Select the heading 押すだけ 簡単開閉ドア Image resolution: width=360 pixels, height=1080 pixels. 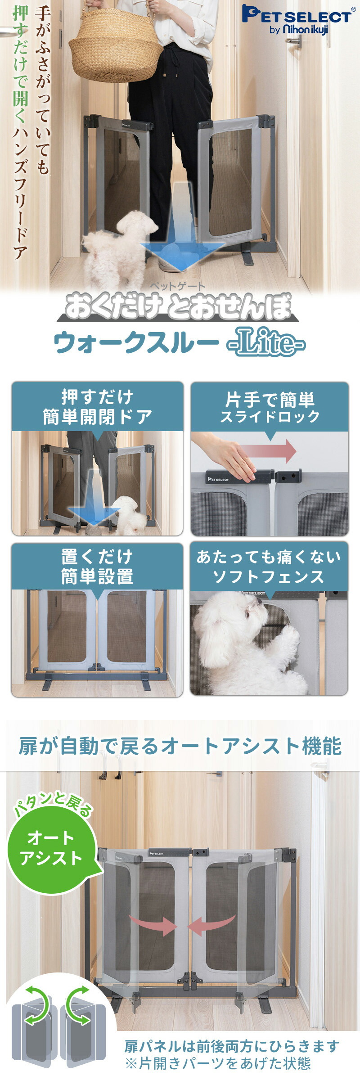coord(97,407)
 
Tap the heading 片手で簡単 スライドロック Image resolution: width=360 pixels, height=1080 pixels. coord(270,407)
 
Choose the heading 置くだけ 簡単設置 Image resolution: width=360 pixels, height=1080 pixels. coord(97,567)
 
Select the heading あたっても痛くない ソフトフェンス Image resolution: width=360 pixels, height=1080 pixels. coord(269,567)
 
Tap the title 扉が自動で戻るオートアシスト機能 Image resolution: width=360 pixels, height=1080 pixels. coord(180,747)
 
